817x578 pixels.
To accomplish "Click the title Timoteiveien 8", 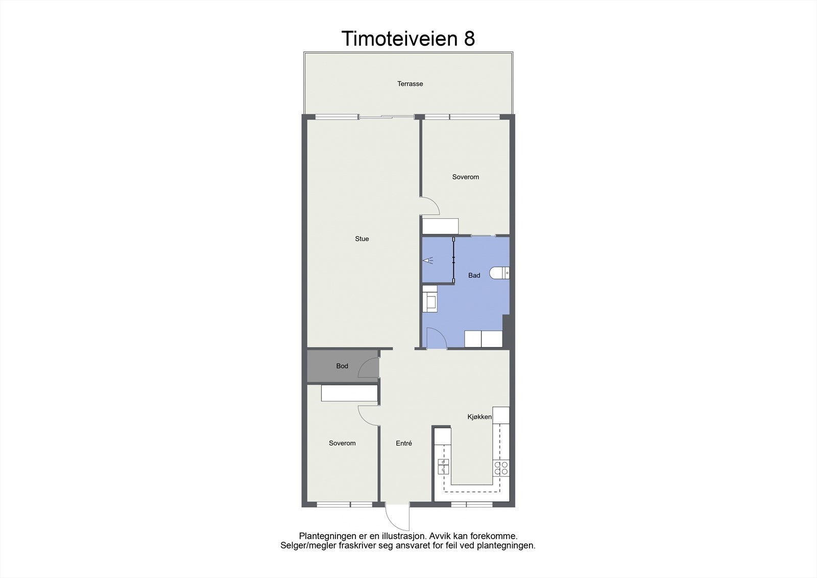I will pos(408,39).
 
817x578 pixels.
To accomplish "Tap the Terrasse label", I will pos(410,84).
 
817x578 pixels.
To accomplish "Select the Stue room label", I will pos(362,239).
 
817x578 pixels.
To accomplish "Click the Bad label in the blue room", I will pos(474,275).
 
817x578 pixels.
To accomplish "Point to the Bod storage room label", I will pos(342,366).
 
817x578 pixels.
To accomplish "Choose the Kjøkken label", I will pos(479,417).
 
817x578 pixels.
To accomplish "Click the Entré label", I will pos(403,444).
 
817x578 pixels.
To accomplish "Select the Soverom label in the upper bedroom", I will pos(465,177).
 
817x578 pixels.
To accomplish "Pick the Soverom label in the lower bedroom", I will pos(342,444).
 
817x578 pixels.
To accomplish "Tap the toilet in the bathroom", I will pos(499,273).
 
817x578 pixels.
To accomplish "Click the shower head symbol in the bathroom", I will pos(427,260).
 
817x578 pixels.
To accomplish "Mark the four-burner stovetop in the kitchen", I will pos(501,469).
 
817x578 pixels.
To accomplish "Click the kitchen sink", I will pos(443,466).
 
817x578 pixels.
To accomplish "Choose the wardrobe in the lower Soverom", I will pos(349,394).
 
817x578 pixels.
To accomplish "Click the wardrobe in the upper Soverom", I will pos(440,226).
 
